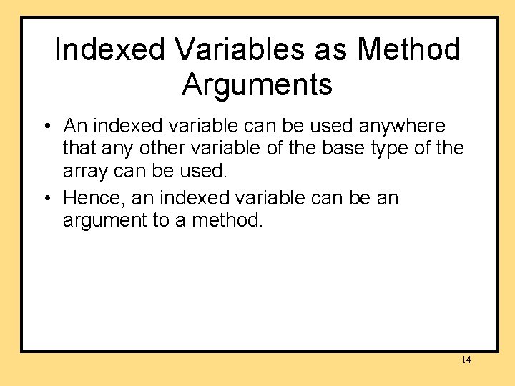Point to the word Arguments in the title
point(257,84)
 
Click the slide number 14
point(466,360)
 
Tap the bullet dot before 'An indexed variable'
point(45,127)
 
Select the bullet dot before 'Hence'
point(45,198)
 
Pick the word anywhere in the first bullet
point(401,127)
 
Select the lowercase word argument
point(104,221)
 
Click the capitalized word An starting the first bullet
point(74,127)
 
